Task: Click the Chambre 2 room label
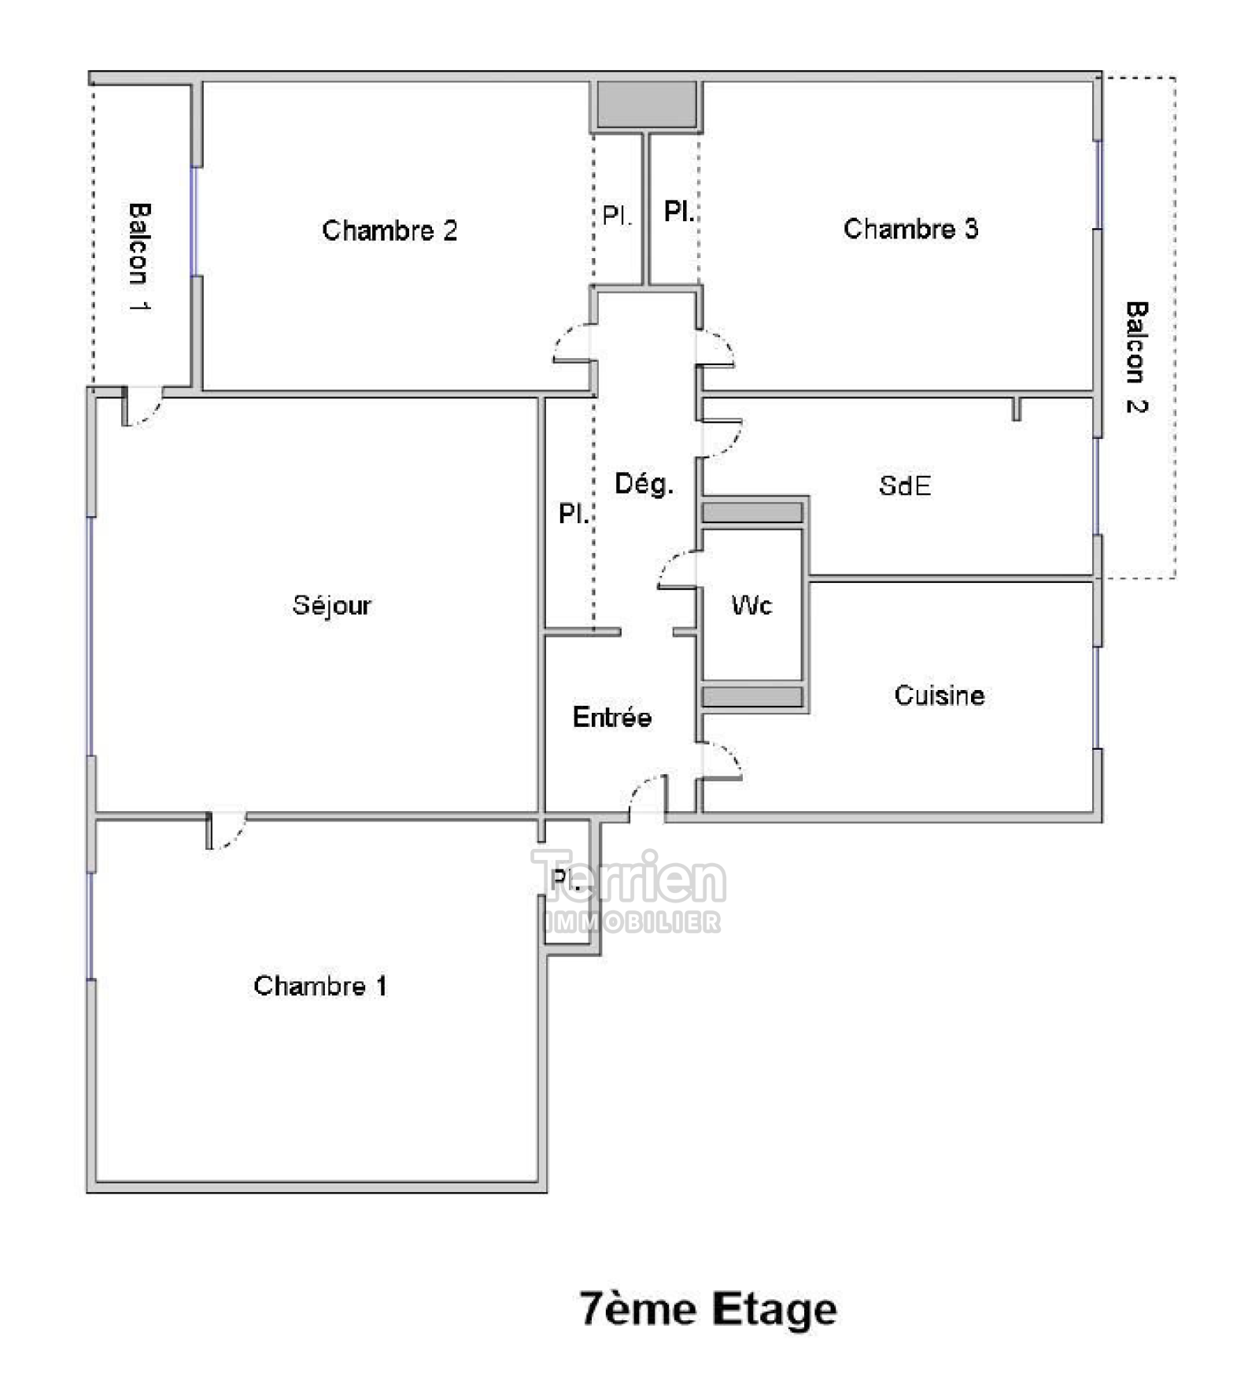(390, 231)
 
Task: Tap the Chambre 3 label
(910, 229)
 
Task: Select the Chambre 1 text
(320, 986)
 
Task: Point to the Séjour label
(331, 605)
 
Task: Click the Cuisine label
(940, 696)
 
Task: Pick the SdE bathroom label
(905, 485)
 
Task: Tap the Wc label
(751, 605)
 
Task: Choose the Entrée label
(612, 717)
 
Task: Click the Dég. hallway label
(644, 484)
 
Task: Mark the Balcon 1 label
(138, 257)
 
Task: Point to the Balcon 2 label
(1136, 357)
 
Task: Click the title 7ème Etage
(708, 1309)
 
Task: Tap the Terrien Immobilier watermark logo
(628, 891)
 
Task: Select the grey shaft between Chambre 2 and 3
(646, 105)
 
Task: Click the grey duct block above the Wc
(752, 512)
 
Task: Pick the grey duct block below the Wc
(752, 696)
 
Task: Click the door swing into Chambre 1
(227, 831)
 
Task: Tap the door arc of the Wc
(677, 569)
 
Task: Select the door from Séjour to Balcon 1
(142, 406)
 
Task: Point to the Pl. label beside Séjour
(574, 514)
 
